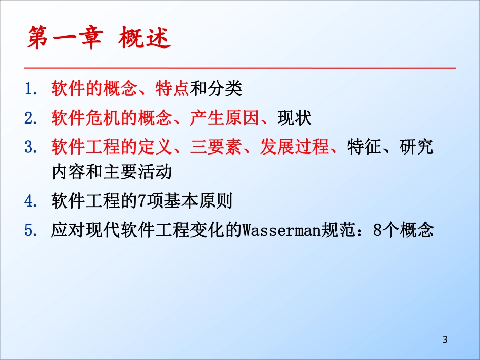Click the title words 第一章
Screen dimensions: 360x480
64,39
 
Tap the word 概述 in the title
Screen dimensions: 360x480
145,39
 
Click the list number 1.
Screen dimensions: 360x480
29,89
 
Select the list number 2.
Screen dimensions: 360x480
29,119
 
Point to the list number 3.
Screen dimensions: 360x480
29,148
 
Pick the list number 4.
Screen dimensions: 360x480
29,201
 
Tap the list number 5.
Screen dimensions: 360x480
29,231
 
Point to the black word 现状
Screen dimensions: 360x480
295,119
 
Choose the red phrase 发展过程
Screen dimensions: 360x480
295,148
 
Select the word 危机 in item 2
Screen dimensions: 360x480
103,119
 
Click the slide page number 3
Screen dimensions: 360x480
445,339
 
